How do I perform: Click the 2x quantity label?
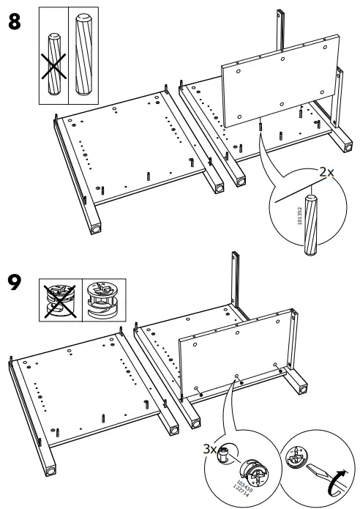[x=325, y=173]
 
